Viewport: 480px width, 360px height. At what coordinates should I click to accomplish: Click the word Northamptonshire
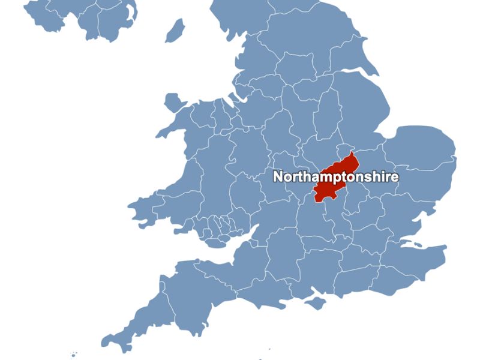click(335, 177)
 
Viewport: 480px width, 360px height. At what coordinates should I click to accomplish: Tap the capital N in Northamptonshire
click(278, 177)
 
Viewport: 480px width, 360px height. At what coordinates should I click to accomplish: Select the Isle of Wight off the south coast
click(314, 305)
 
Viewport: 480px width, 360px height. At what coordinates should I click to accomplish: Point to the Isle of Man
click(175, 30)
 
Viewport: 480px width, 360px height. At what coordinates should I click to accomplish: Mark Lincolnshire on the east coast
click(354, 108)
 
